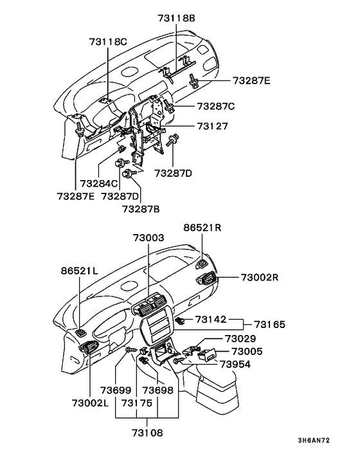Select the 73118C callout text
click(x=108, y=42)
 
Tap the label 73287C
click(x=215, y=105)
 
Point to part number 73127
click(x=212, y=126)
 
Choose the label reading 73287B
click(x=141, y=208)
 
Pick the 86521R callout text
click(x=203, y=227)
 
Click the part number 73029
click(x=240, y=338)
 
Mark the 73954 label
click(x=235, y=363)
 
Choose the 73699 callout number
click(x=116, y=390)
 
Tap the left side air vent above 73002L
click(x=87, y=349)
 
